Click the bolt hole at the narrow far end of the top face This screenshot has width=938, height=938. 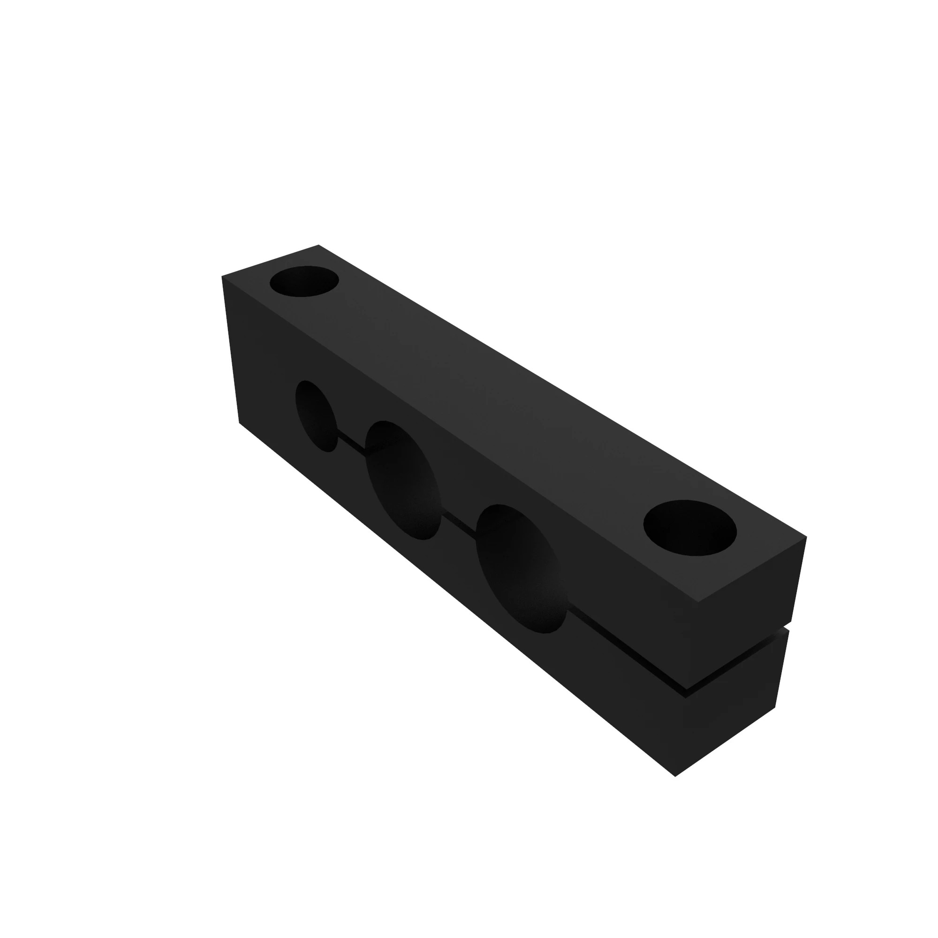pos(304,281)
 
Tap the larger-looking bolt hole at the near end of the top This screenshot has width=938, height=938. pos(689,528)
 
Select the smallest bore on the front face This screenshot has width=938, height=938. pos(317,416)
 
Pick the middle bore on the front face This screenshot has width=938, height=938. pos(403,480)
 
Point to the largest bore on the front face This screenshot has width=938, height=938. pos(521,568)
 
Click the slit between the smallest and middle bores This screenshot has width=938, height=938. pos(351,441)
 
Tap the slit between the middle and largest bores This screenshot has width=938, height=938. pos(458,524)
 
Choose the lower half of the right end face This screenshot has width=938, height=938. pos(733,714)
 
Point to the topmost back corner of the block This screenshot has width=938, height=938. pos(318,245)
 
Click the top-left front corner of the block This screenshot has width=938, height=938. pos(222,276)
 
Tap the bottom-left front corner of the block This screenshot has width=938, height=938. pos(239,423)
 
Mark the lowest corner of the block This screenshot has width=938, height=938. pos(675,776)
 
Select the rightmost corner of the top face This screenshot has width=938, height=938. pos(806,537)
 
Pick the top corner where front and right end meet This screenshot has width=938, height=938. pos(698,602)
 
